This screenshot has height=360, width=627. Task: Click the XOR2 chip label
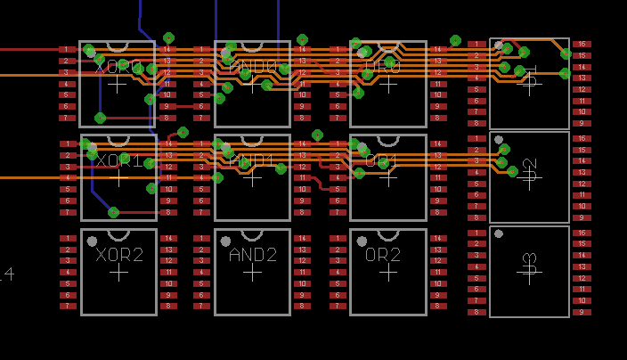118,254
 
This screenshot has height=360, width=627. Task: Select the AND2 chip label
253,254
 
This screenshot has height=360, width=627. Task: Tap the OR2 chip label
383,254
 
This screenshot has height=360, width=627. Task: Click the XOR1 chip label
118,160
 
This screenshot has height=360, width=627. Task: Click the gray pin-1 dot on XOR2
92,241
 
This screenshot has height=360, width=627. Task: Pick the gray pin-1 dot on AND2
226,241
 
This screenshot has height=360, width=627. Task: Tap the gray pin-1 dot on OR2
362,241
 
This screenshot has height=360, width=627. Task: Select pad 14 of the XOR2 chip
168,238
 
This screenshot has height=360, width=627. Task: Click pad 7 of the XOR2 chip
68,307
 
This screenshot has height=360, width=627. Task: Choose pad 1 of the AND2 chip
201,238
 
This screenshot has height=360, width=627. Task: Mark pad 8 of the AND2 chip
303,307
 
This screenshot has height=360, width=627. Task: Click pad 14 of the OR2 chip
438,238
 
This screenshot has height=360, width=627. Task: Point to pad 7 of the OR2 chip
337,307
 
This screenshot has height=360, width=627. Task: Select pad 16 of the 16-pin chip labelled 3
582,233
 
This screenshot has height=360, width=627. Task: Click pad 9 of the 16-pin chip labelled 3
582,312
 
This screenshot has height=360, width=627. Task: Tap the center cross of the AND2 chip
253,272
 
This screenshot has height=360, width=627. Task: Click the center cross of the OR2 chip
388,272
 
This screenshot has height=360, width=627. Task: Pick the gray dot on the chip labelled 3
499,234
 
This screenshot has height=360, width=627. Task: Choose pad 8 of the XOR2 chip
168,307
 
